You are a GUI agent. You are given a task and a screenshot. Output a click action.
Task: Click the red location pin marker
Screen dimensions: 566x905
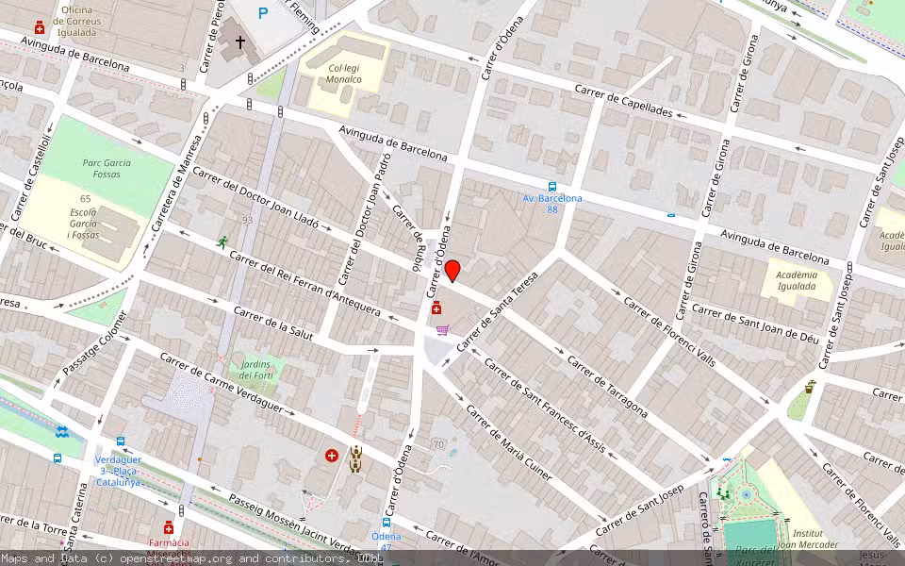[452, 271]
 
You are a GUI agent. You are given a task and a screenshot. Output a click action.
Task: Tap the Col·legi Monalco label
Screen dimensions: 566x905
[345, 74]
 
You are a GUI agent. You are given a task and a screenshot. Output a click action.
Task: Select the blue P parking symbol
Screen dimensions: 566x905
[263, 13]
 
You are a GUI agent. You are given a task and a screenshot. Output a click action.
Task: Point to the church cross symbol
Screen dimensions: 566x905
[240, 42]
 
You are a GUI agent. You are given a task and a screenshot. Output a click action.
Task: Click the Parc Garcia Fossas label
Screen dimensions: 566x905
[107, 168]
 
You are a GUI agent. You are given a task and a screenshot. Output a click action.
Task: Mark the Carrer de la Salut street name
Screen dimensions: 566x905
[273, 325]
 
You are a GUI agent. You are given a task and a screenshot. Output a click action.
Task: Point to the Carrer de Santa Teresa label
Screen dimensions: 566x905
[497, 312]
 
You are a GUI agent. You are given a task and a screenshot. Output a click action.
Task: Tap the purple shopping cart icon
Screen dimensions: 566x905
[442, 330]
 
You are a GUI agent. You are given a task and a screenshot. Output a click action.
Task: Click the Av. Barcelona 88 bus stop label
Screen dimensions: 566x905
[552, 203]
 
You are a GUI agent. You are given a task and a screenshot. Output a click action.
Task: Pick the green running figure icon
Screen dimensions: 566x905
[222, 242]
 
